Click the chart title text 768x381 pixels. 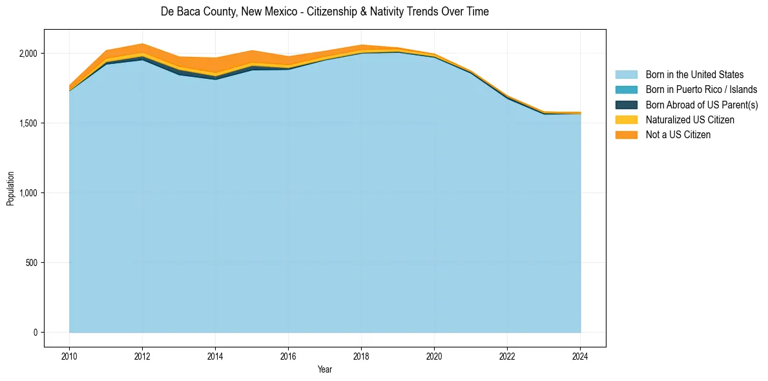click(x=324, y=12)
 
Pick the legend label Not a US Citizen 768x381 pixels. click(x=678, y=134)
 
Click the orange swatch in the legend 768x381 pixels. click(x=626, y=134)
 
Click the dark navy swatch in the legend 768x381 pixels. click(x=626, y=105)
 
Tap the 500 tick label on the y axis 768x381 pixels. click(x=33, y=263)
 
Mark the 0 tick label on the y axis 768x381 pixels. click(x=37, y=333)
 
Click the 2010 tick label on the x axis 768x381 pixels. click(x=69, y=356)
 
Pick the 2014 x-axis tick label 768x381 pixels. click(x=215, y=356)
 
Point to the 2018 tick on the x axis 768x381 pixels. click(x=361, y=356)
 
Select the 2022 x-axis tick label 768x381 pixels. click(x=507, y=356)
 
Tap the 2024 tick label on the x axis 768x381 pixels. click(x=580, y=356)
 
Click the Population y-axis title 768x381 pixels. click(x=10, y=188)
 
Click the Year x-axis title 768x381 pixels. click(x=325, y=369)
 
